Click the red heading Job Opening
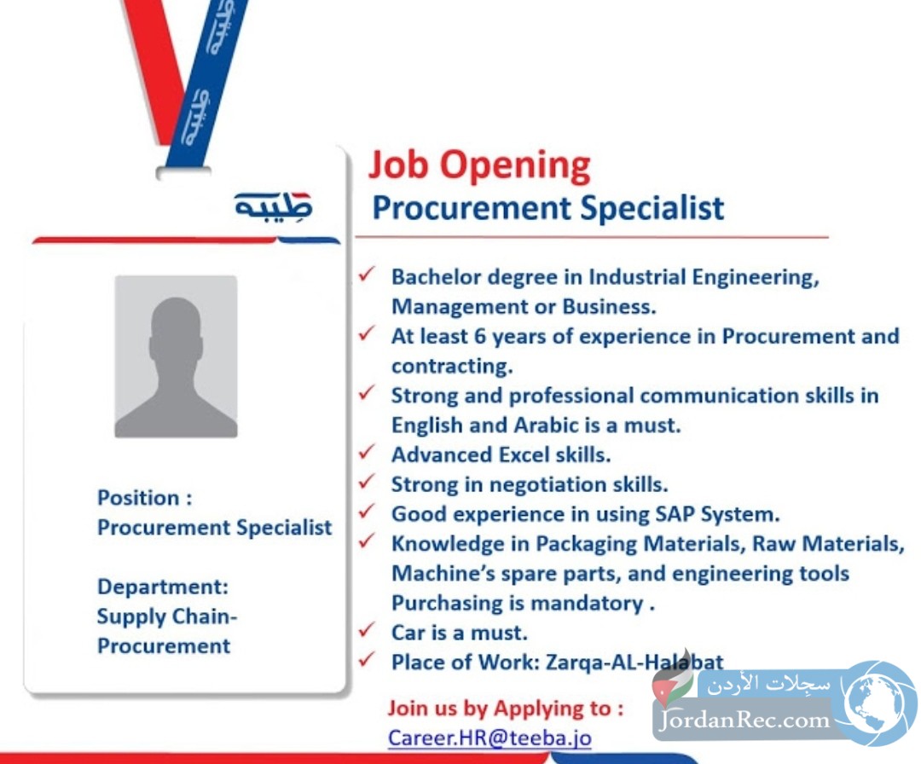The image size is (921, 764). coord(479,166)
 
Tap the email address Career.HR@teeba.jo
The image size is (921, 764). coord(489,738)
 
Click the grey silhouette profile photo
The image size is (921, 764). coord(177,356)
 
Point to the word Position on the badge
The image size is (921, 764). coord(138,498)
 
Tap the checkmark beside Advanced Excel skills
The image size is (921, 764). coord(367,452)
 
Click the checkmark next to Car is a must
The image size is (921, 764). coord(367,630)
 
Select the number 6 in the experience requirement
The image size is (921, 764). coord(480,337)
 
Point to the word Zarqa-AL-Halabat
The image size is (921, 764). coord(634,663)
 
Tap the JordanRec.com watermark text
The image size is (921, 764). coord(744,720)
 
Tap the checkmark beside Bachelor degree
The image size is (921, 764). coord(367,275)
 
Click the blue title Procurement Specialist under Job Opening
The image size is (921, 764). coord(548,208)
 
